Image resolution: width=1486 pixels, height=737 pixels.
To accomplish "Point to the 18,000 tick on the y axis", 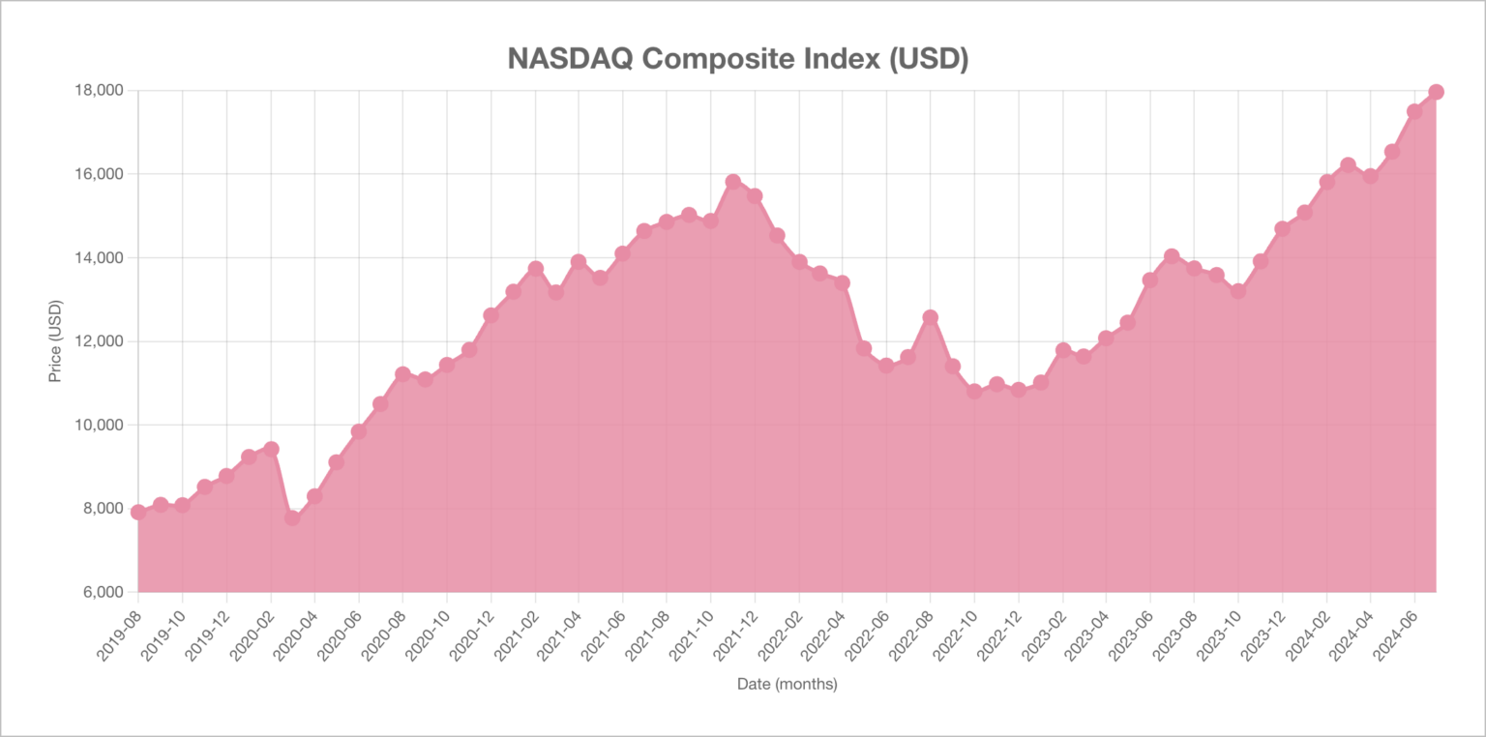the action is pyautogui.click(x=101, y=90).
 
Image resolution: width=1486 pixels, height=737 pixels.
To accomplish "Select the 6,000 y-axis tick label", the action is pyautogui.click(x=104, y=592).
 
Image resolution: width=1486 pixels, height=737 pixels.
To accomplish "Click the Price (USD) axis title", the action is pyautogui.click(x=55, y=341).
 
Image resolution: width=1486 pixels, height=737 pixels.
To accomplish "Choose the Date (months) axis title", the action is pyautogui.click(x=787, y=683).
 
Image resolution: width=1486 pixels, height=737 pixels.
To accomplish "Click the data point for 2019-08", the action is pyautogui.click(x=138, y=512).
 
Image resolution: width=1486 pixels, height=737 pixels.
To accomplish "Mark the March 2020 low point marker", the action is pyautogui.click(x=292, y=517).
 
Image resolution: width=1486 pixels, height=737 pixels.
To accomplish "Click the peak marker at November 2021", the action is pyautogui.click(x=733, y=182).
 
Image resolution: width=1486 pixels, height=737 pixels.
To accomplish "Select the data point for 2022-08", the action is pyautogui.click(x=931, y=318).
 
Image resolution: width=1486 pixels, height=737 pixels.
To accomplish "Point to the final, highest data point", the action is pyautogui.click(x=1437, y=92).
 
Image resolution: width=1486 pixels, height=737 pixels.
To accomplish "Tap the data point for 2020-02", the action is pyautogui.click(x=271, y=449).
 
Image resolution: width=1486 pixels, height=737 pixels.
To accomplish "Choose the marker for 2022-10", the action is pyautogui.click(x=974, y=392).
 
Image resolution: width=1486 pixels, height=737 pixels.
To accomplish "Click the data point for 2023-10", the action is pyautogui.click(x=1238, y=291).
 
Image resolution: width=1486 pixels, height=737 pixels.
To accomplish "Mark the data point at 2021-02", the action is pyautogui.click(x=535, y=269).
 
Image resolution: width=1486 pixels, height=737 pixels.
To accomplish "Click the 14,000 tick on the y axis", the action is pyautogui.click(x=101, y=257).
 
